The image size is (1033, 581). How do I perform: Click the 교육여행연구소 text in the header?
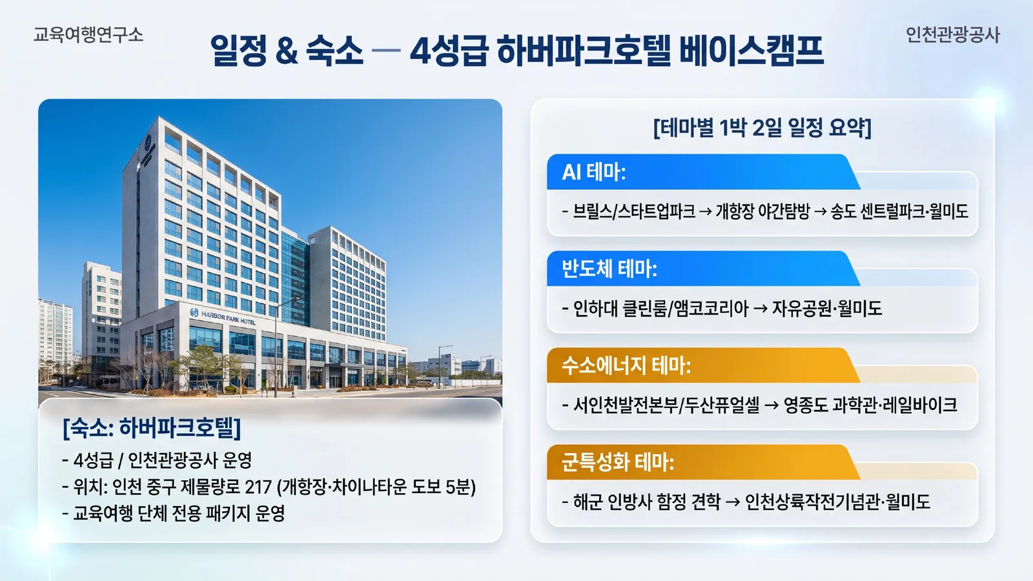coord(88,35)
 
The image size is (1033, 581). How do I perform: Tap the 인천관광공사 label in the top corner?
coord(952,35)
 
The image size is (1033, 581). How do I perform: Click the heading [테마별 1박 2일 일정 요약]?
coord(762,127)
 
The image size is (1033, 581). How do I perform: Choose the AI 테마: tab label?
coord(593,172)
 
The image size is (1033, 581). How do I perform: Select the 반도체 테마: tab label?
coord(609,269)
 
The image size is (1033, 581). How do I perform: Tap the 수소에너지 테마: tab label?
coord(626,365)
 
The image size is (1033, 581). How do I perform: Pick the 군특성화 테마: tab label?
coord(617,462)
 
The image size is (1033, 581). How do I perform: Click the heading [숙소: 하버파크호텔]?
coord(152,427)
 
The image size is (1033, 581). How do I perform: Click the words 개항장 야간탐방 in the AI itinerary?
coord(762,212)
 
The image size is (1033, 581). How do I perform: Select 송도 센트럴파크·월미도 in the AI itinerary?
coord(899,212)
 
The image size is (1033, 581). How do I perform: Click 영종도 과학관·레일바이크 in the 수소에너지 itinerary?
coord(870,405)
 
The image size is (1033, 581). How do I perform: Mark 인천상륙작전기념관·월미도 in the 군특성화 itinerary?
coord(837,502)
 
